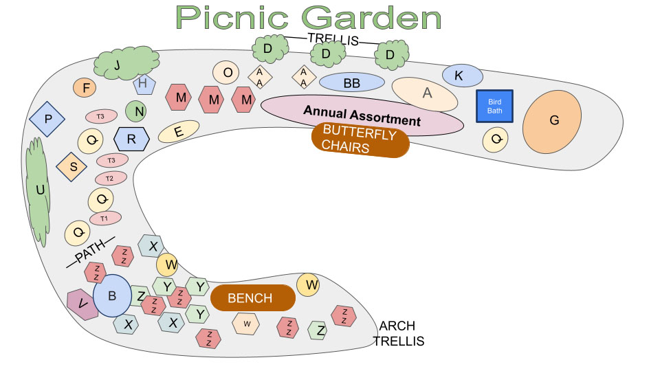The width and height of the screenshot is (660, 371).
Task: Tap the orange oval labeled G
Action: click(553, 121)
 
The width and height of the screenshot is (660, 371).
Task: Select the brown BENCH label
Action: click(252, 298)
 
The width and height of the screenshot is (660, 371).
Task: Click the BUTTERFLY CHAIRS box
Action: click(360, 139)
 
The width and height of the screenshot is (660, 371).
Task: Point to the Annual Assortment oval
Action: click(362, 115)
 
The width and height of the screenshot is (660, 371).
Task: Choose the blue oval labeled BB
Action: click(351, 83)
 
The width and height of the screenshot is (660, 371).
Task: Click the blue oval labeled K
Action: click(459, 76)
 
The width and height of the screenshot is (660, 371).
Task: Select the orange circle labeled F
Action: click(85, 88)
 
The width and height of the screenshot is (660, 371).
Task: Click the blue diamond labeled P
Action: click(47, 119)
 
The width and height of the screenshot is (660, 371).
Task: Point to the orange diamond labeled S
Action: click(73, 166)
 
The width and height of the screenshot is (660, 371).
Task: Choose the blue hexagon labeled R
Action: click(131, 139)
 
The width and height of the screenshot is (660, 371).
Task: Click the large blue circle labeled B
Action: click(111, 296)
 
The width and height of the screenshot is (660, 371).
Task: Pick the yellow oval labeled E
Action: click(179, 132)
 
